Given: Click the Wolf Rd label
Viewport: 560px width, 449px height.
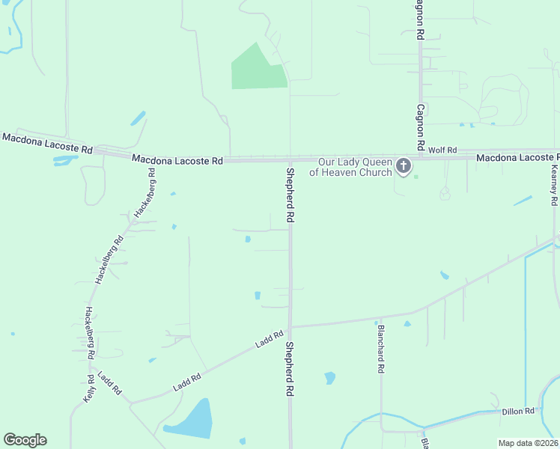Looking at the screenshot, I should click(x=442, y=150).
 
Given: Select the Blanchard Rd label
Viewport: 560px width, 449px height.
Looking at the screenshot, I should click(x=381, y=349).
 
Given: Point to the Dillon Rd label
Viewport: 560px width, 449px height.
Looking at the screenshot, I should click(x=518, y=411).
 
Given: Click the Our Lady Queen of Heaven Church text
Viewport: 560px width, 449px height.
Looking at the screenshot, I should click(x=355, y=167).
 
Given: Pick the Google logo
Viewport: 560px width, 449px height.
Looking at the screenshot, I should click(x=25, y=440).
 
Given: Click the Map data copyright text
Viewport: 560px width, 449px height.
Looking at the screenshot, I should click(x=529, y=443).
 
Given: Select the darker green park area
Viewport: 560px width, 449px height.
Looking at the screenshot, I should click(x=257, y=70).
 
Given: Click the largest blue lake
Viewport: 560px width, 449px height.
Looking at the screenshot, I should click(x=190, y=419).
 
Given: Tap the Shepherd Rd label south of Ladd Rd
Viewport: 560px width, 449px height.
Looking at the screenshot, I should click(x=289, y=370).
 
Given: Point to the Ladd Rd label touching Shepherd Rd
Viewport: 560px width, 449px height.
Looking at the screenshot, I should click(x=269, y=339).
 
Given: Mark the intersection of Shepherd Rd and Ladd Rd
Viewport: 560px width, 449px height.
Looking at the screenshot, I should click(x=290, y=327).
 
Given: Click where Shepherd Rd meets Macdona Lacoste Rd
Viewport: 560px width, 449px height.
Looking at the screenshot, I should click(x=290, y=159).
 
